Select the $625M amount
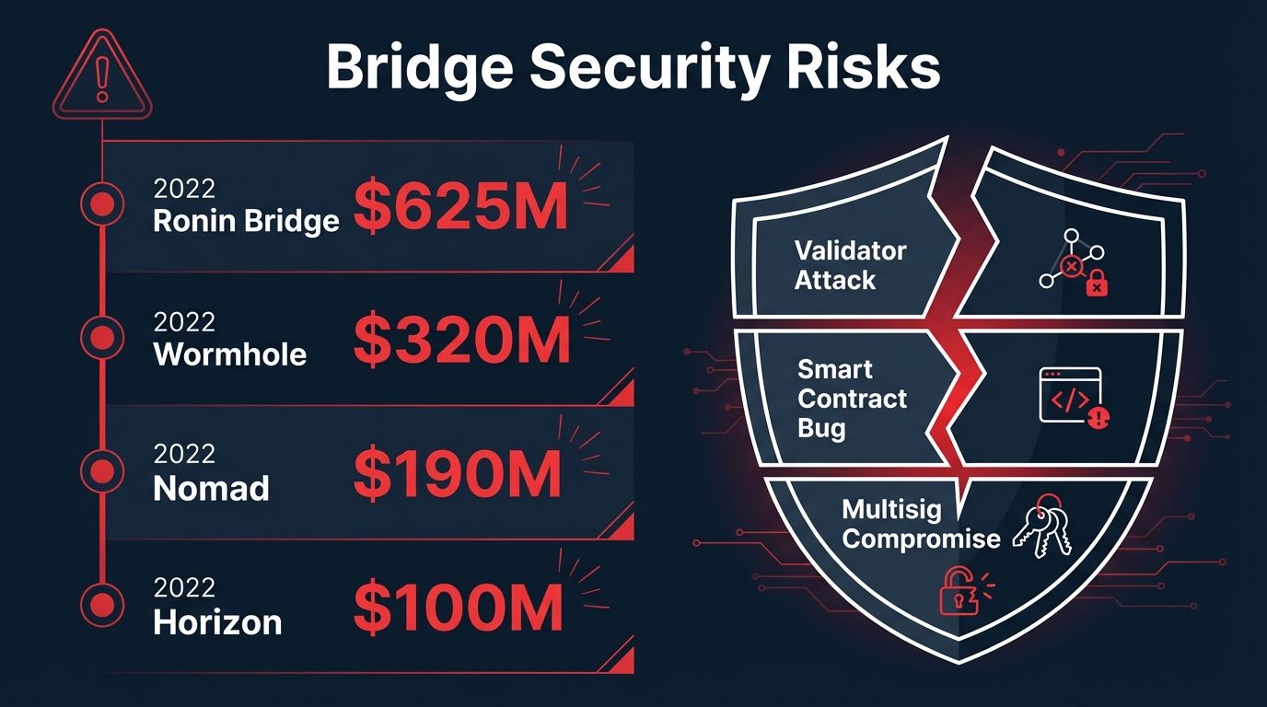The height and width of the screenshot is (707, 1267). click(x=460, y=208)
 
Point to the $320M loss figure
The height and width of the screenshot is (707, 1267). click(x=461, y=341)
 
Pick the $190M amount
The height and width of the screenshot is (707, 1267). click(x=457, y=474)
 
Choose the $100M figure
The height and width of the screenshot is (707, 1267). click(x=458, y=608)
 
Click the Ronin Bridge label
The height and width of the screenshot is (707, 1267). click(x=246, y=221)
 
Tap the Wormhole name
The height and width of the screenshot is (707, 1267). click(x=230, y=354)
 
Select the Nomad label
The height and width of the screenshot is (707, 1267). click(x=212, y=488)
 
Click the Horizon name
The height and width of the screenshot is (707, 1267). click(x=217, y=622)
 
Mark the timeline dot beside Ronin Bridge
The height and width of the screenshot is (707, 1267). click(x=102, y=204)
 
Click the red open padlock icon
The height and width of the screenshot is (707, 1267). click(x=959, y=588)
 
